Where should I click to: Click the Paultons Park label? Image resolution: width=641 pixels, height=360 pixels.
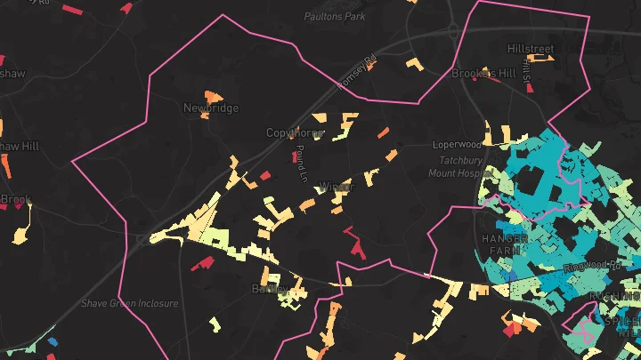coord(335,16)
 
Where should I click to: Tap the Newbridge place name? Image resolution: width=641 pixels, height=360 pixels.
coord(211,108)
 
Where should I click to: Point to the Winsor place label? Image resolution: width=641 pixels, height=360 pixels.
coord(336,188)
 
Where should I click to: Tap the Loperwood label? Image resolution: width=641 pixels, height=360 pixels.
coord(456,144)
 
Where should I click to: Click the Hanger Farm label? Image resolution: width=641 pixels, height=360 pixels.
coord(505,245)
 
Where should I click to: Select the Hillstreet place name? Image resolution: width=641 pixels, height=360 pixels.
coord(530,48)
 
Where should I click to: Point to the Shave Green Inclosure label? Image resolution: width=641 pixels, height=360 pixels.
coord(130,303)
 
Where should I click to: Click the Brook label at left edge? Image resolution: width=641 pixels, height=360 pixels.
coord(16,200)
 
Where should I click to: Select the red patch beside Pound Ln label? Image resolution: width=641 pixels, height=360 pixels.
coord(295,157)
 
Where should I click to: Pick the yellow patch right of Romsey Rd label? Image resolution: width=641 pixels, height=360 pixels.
coord(412,63)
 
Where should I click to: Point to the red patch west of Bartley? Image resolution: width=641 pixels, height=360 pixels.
coord(203,263)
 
